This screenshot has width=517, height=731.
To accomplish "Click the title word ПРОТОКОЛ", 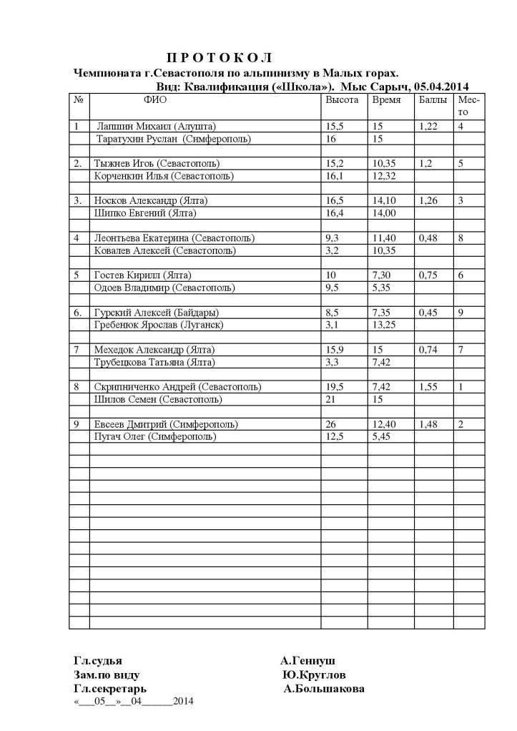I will tap(220, 57).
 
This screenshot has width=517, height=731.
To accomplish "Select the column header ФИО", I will tap(155, 100).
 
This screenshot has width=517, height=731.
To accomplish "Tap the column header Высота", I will tap(342, 100).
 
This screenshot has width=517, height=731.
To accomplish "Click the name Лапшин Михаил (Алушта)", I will tap(156, 127).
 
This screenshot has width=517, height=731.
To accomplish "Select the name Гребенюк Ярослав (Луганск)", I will tap(159, 325).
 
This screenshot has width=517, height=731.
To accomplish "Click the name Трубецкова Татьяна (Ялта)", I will tap(150, 362).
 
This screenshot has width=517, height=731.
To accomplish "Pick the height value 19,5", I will tap(335, 387).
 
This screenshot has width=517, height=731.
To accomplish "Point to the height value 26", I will tap(331, 424).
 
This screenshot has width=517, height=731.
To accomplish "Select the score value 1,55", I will tap(428, 387).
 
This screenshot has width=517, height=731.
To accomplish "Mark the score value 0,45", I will tap(428, 313).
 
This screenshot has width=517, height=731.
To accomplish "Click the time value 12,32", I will tap(384, 176).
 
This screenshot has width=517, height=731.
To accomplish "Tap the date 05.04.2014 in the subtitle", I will tap(442, 87).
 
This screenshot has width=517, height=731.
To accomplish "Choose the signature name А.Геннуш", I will tap(307, 660).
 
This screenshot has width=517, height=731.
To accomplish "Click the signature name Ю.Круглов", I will tap(315, 674).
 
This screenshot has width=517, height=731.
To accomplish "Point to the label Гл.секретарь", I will tap(111, 689).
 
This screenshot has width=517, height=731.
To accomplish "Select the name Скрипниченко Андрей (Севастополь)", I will tap(177, 387).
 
